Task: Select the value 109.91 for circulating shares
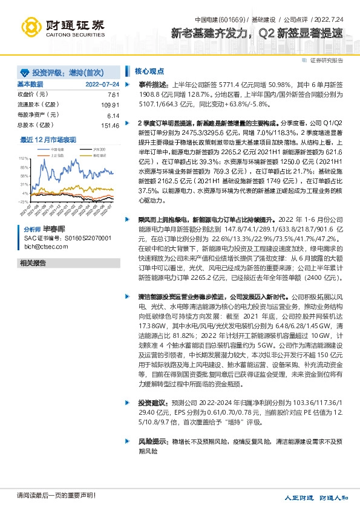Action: pyautogui.click(x=109, y=105)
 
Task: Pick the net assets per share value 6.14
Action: pyautogui.click(x=113, y=115)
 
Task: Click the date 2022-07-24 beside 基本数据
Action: pyautogui.click(x=102, y=84)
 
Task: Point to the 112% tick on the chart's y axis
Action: pyautogui.click(x=24, y=158)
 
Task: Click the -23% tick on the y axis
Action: pyautogui.click(x=24, y=201)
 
